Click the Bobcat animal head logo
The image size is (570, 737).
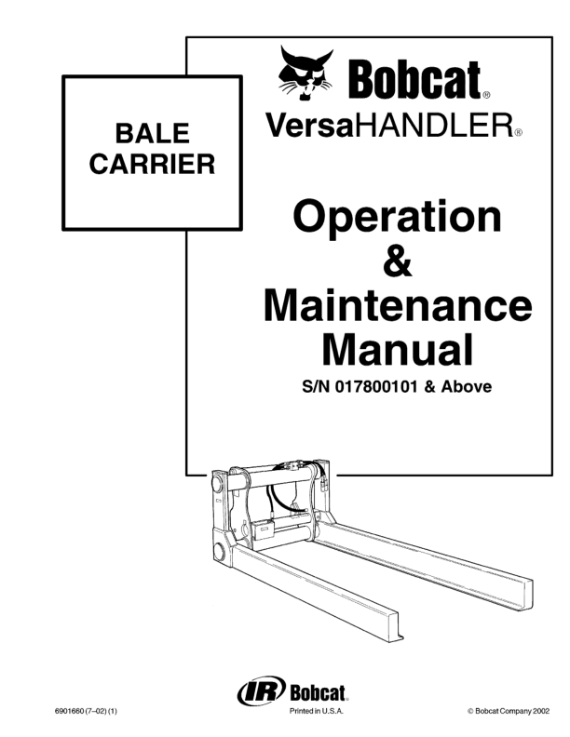305,74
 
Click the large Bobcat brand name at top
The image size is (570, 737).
414,79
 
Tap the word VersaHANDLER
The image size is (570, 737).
388,126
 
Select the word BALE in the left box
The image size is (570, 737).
152,133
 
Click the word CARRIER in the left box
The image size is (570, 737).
152,164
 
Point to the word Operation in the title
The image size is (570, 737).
397,218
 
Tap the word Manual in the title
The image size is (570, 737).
398,349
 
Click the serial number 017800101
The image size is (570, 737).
376,387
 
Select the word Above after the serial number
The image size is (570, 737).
466,387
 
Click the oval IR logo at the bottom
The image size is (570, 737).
261,690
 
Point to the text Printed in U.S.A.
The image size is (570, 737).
316,711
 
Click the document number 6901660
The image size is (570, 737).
70,711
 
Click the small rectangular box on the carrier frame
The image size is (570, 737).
263,529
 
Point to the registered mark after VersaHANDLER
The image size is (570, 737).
518,132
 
